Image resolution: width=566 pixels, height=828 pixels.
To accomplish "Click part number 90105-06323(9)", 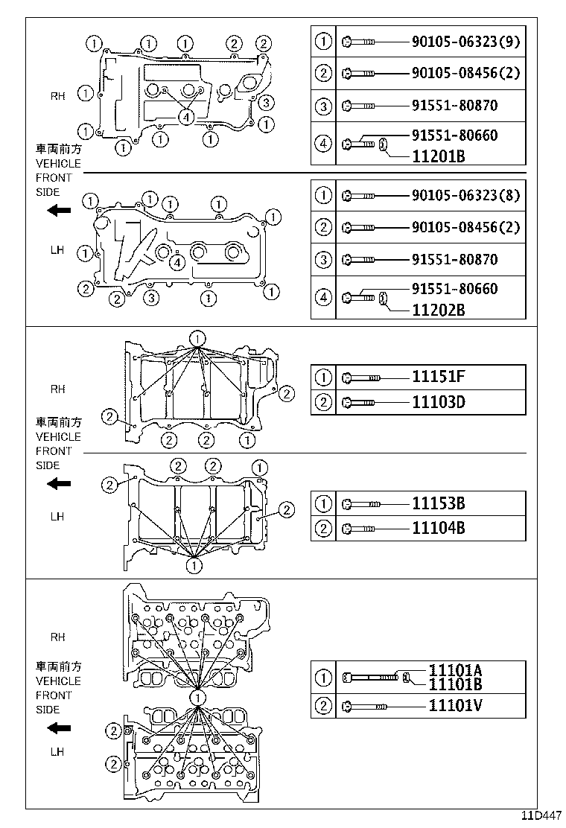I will [465, 42].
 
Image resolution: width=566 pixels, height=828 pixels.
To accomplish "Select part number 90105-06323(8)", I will [465, 196].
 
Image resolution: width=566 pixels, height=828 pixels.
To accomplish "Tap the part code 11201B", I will [438, 157].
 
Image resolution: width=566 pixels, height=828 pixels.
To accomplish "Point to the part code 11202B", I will [438, 310].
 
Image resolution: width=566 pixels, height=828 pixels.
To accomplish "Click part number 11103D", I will [438, 403].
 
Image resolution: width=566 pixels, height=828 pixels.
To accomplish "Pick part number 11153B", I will [438, 503].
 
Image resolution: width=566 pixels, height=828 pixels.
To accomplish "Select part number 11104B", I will [438, 529].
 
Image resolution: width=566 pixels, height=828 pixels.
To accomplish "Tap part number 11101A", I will [455, 670].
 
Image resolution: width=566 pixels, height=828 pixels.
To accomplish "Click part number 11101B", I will [455, 684].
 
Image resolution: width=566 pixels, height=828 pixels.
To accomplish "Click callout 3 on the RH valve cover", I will [267, 103].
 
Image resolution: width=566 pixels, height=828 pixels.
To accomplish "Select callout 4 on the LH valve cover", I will [177, 261].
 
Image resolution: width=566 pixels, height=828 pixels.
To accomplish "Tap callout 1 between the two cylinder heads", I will [197, 697].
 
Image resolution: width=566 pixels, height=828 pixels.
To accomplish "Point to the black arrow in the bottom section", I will [58, 727].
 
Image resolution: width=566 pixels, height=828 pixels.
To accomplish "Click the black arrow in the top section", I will [58, 211].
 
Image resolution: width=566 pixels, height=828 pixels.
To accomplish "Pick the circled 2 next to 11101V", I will [323, 705].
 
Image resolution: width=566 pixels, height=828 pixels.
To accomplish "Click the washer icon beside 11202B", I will [383, 299].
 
